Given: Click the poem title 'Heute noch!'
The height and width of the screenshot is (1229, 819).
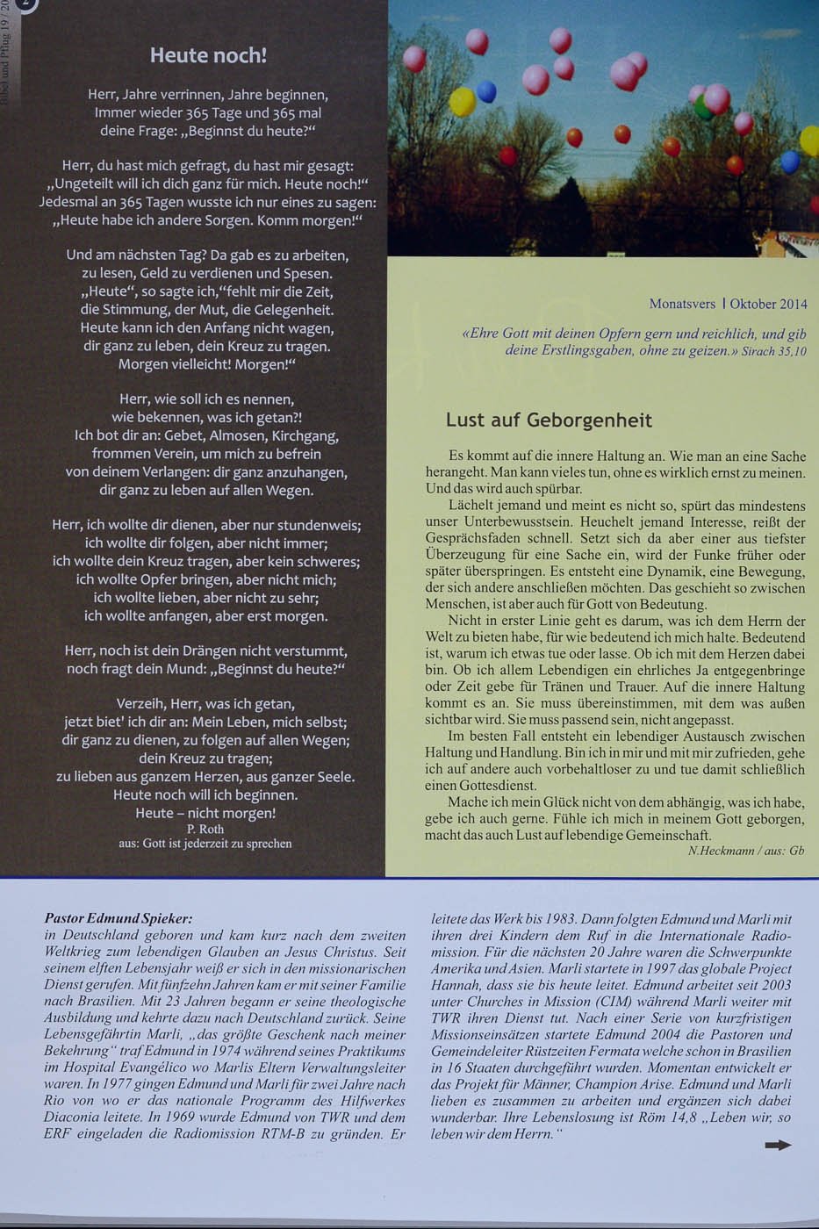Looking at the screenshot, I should [208, 55].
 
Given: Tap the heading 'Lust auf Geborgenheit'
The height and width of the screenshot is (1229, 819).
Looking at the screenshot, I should [549, 420].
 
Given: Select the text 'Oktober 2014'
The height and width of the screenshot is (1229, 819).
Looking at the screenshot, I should [768, 304].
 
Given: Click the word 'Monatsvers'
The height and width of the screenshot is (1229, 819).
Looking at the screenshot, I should [682, 304].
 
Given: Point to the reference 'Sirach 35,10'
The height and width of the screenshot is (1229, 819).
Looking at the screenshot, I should [773, 351].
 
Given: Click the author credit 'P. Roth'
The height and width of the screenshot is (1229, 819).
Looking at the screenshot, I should [205, 829].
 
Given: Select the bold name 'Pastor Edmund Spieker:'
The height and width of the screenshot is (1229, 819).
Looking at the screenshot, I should [118, 918].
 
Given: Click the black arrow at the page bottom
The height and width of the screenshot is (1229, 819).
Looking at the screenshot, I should [777, 1145].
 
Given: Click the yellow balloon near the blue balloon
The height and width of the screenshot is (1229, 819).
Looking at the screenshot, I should [462, 102].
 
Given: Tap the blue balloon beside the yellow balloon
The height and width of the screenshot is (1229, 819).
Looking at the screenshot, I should [486, 91].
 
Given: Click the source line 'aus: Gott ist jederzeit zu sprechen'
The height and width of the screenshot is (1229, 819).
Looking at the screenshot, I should [205, 844].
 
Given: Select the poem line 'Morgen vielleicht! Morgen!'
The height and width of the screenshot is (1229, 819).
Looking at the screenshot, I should [207, 364].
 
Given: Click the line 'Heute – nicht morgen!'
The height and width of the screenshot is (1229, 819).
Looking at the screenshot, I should [206, 813].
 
